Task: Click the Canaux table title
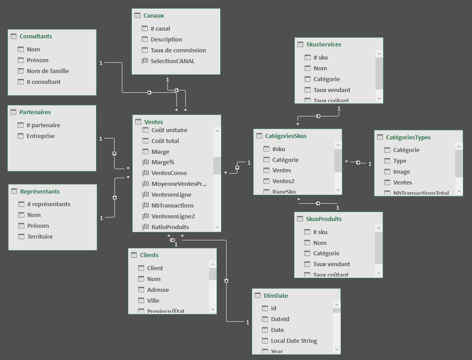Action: point(153,15)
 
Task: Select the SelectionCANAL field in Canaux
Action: point(172,61)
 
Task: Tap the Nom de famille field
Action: point(47,71)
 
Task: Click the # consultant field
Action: point(43,82)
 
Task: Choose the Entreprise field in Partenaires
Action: point(41,136)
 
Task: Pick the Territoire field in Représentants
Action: point(40,236)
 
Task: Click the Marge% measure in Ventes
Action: point(162,162)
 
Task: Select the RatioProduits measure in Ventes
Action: point(170,227)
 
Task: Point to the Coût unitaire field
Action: point(169,130)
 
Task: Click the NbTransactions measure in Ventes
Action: point(172,205)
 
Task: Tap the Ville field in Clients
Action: point(153,300)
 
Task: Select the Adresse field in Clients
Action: point(158,290)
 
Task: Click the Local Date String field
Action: point(294,341)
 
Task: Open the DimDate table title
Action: point(276,295)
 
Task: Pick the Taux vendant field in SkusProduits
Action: point(332,264)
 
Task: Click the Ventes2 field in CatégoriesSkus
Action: point(283,181)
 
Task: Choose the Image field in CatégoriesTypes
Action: point(402,171)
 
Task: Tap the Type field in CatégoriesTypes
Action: point(400,161)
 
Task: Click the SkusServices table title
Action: point(324,44)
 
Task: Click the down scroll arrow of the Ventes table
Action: point(217,227)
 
